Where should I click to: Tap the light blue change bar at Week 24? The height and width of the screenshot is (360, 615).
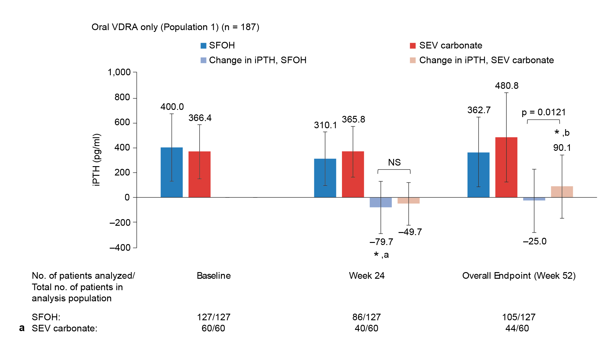(x=381, y=202)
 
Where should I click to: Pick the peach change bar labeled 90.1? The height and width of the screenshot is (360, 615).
(x=562, y=192)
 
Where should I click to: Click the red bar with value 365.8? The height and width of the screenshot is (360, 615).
(x=353, y=174)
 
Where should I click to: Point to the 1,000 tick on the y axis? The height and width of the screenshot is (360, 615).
(x=119, y=72)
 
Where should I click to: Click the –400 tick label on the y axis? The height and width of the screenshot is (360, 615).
(x=120, y=248)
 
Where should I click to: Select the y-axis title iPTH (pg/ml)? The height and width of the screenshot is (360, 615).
(x=96, y=160)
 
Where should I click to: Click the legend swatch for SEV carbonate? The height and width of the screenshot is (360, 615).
(x=413, y=46)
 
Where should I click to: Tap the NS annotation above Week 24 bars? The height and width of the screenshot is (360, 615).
(x=394, y=163)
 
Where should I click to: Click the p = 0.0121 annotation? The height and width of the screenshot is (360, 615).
(x=544, y=112)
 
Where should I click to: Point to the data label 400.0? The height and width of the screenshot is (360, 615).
(x=172, y=107)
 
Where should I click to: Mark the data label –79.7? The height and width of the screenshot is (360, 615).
(x=381, y=242)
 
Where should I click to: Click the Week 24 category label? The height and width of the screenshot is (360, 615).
(x=367, y=276)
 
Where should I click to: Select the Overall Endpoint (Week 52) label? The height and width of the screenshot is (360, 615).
(x=519, y=276)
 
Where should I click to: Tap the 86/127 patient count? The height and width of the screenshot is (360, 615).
(x=367, y=317)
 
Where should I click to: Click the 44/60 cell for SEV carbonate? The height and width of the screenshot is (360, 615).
(x=517, y=328)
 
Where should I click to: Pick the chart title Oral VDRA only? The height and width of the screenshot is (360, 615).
(x=175, y=27)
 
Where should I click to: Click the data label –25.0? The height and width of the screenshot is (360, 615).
(x=535, y=241)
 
